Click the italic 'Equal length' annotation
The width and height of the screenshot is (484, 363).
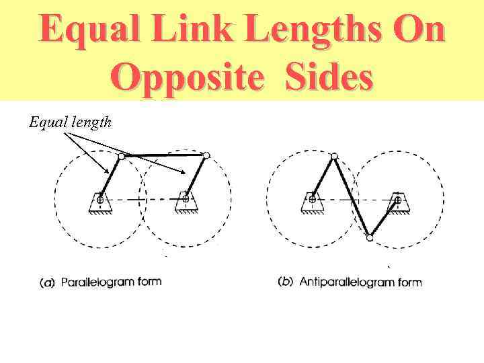click(x=70, y=122)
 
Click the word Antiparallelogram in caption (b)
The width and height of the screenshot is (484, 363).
click(x=346, y=282)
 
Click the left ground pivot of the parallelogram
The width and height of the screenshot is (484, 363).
click(x=99, y=200)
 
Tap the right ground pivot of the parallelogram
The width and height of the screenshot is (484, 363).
click(x=185, y=199)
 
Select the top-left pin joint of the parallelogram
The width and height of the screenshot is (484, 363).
click(x=121, y=156)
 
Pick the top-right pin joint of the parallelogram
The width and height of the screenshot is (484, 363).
click(x=206, y=155)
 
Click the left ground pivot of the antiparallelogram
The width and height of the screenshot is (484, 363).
click(x=312, y=199)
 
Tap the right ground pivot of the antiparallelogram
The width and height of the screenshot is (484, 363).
click(x=398, y=199)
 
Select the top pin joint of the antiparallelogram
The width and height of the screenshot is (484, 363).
click(x=334, y=156)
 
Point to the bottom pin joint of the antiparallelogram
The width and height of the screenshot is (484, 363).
click(x=369, y=237)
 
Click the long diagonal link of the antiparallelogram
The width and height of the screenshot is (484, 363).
click(x=352, y=196)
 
